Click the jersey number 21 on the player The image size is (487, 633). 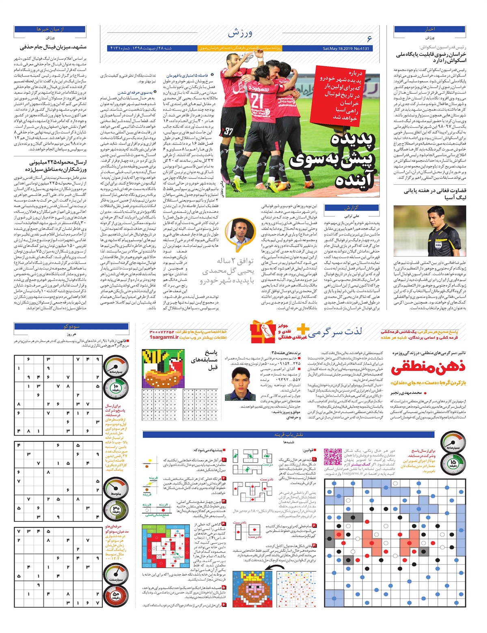click(257, 100)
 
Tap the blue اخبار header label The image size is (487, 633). click(430, 29)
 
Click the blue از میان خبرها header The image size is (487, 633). click(50, 29)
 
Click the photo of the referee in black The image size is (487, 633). click(430, 230)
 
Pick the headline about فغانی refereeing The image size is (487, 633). click(435, 194)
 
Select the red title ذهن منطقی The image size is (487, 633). click(428, 368)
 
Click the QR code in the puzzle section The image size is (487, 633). click(333, 456)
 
